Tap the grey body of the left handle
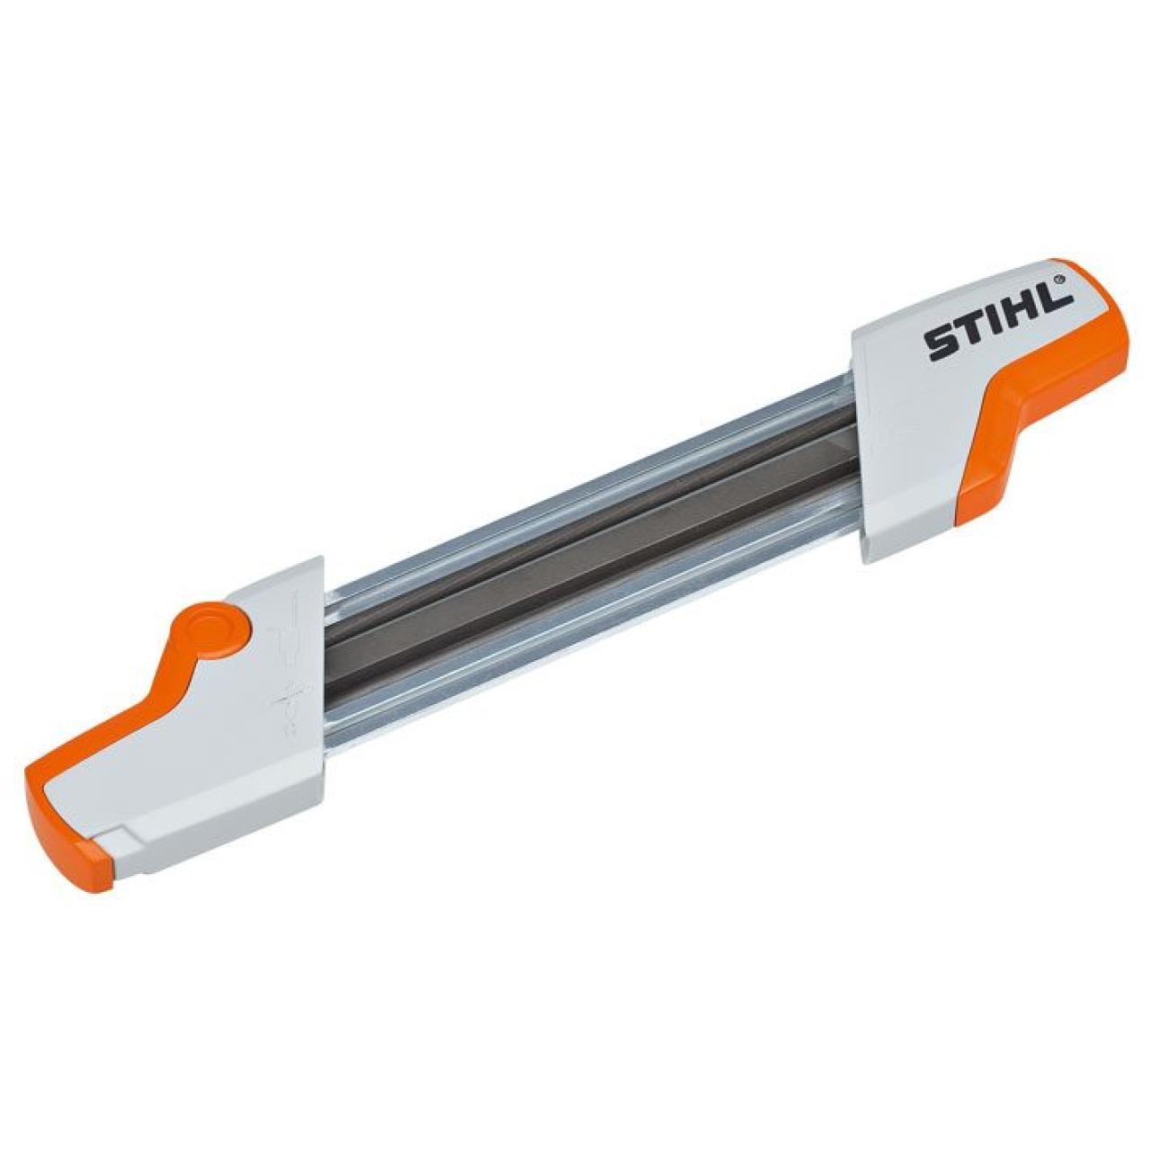pos(225,746)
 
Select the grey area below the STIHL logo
pos(908,450)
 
